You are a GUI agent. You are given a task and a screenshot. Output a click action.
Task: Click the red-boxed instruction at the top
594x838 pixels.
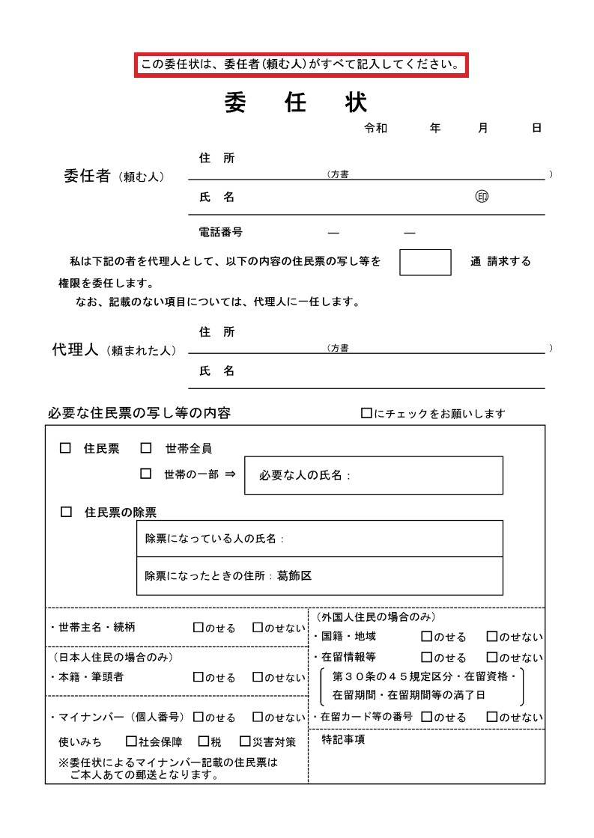pyautogui.click(x=300, y=65)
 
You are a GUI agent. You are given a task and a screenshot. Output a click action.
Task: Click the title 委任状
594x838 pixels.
pyautogui.click(x=296, y=103)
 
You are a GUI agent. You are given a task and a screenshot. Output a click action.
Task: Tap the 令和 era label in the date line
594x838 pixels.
pyautogui.click(x=375, y=129)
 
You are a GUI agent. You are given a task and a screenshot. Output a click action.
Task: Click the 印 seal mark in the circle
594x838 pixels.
pyautogui.click(x=482, y=197)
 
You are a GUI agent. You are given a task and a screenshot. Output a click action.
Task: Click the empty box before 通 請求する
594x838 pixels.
pyautogui.click(x=425, y=263)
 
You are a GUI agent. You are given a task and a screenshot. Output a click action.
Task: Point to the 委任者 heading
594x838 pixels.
pyautogui.click(x=88, y=177)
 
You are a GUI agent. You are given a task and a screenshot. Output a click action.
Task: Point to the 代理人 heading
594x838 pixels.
pyautogui.click(x=75, y=350)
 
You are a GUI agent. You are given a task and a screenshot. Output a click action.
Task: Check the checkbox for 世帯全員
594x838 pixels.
pyautogui.click(x=146, y=448)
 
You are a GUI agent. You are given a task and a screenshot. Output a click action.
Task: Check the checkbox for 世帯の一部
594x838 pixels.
pyautogui.click(x=146, y=474)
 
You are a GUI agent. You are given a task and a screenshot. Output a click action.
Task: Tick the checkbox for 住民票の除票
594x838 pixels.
pyautogui.click(x=66, y=513)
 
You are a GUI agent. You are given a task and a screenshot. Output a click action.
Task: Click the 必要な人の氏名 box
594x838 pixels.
pyautogui.click(x=374, y=476)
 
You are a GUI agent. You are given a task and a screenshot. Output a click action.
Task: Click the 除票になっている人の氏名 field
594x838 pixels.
pyautogui.click(x=320, y=539)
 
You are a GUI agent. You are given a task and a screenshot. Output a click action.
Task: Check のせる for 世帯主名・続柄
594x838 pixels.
pyautogui.click(x=198, y=628)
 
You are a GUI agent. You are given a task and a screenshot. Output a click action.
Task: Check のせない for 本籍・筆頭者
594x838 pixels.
pyautogui.click(x=258, y=677)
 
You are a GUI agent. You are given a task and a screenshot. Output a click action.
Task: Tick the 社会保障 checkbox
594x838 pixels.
pyautogui.click(x=131, y=741)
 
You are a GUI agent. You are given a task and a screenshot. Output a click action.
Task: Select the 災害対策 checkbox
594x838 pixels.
pyautogui.click(x=245, y=741)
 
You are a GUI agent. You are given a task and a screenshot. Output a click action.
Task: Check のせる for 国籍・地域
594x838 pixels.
pyautogui.click(x=426, y=637)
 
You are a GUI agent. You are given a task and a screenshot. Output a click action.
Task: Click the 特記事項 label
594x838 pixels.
pyautogui.click(x=343, y=740)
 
